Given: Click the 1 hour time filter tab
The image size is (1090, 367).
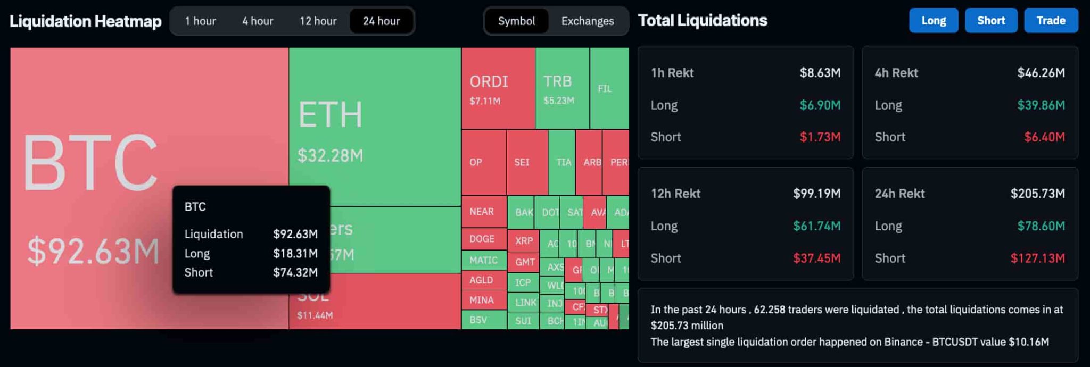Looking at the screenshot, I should (x=200, y=21).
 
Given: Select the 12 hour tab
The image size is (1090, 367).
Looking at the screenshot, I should (x=318, y=21).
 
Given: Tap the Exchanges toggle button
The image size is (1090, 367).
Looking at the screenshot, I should (x=587, y=21).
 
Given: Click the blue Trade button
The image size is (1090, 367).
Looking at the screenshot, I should (x=1051, y=21).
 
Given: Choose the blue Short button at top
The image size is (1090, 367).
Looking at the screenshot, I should (x=990, y=21).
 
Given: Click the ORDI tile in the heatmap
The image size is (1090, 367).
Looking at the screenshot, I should (x=498, y=88).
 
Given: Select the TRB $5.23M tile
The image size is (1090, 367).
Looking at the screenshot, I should (x=561, y=88).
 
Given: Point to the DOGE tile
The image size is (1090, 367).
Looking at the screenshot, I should (x=483, y=239).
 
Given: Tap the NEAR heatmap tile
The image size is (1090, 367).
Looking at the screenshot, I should (x=483, y=211).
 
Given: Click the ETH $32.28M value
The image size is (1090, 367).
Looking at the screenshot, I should (x=330, y=155).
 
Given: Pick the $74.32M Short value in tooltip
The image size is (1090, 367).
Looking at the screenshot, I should (x=295, y=272).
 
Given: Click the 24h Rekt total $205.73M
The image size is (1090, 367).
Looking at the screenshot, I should (x=1037, y=194).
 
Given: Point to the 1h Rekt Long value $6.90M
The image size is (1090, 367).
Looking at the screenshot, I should (x=820, y=105).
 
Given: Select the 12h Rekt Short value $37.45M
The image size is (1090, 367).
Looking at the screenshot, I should (x=816, y=258).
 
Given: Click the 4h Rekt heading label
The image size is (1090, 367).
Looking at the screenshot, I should (x=896, y=73).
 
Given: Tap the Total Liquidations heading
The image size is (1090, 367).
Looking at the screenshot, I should (x=702, y=21).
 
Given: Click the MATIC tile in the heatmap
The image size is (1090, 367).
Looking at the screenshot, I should (x=483, y=260).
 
